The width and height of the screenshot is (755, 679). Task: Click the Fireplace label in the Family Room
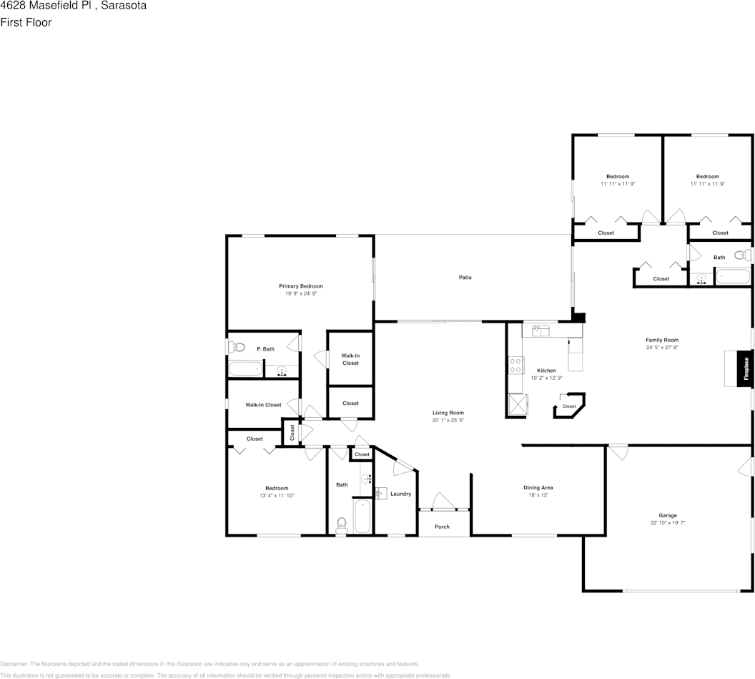point(746,368)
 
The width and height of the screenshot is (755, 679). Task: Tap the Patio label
point(465,278)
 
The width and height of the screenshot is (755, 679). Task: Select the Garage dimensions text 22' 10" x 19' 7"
point(668,523)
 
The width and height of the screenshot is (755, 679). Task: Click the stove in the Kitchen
point(515,365)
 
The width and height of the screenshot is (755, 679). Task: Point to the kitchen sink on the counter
point(541,331)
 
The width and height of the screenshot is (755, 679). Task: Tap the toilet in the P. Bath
point(237,348)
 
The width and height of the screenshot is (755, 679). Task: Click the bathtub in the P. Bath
point(245,369)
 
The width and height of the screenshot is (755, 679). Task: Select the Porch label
point(443,527)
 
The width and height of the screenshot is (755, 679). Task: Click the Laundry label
point(400,494)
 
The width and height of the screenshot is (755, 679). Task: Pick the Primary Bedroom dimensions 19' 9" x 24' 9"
point(300,293)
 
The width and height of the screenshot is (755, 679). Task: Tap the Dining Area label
point(538,487)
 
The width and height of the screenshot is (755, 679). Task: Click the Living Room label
point(448,413)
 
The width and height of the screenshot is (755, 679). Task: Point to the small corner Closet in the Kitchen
point(569,406)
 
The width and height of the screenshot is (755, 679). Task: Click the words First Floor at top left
point(26,22)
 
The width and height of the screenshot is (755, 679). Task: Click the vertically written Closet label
point(292,433)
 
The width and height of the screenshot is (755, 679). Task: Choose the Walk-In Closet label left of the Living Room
point(350,358)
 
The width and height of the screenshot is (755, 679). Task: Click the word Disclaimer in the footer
point(14,664)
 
